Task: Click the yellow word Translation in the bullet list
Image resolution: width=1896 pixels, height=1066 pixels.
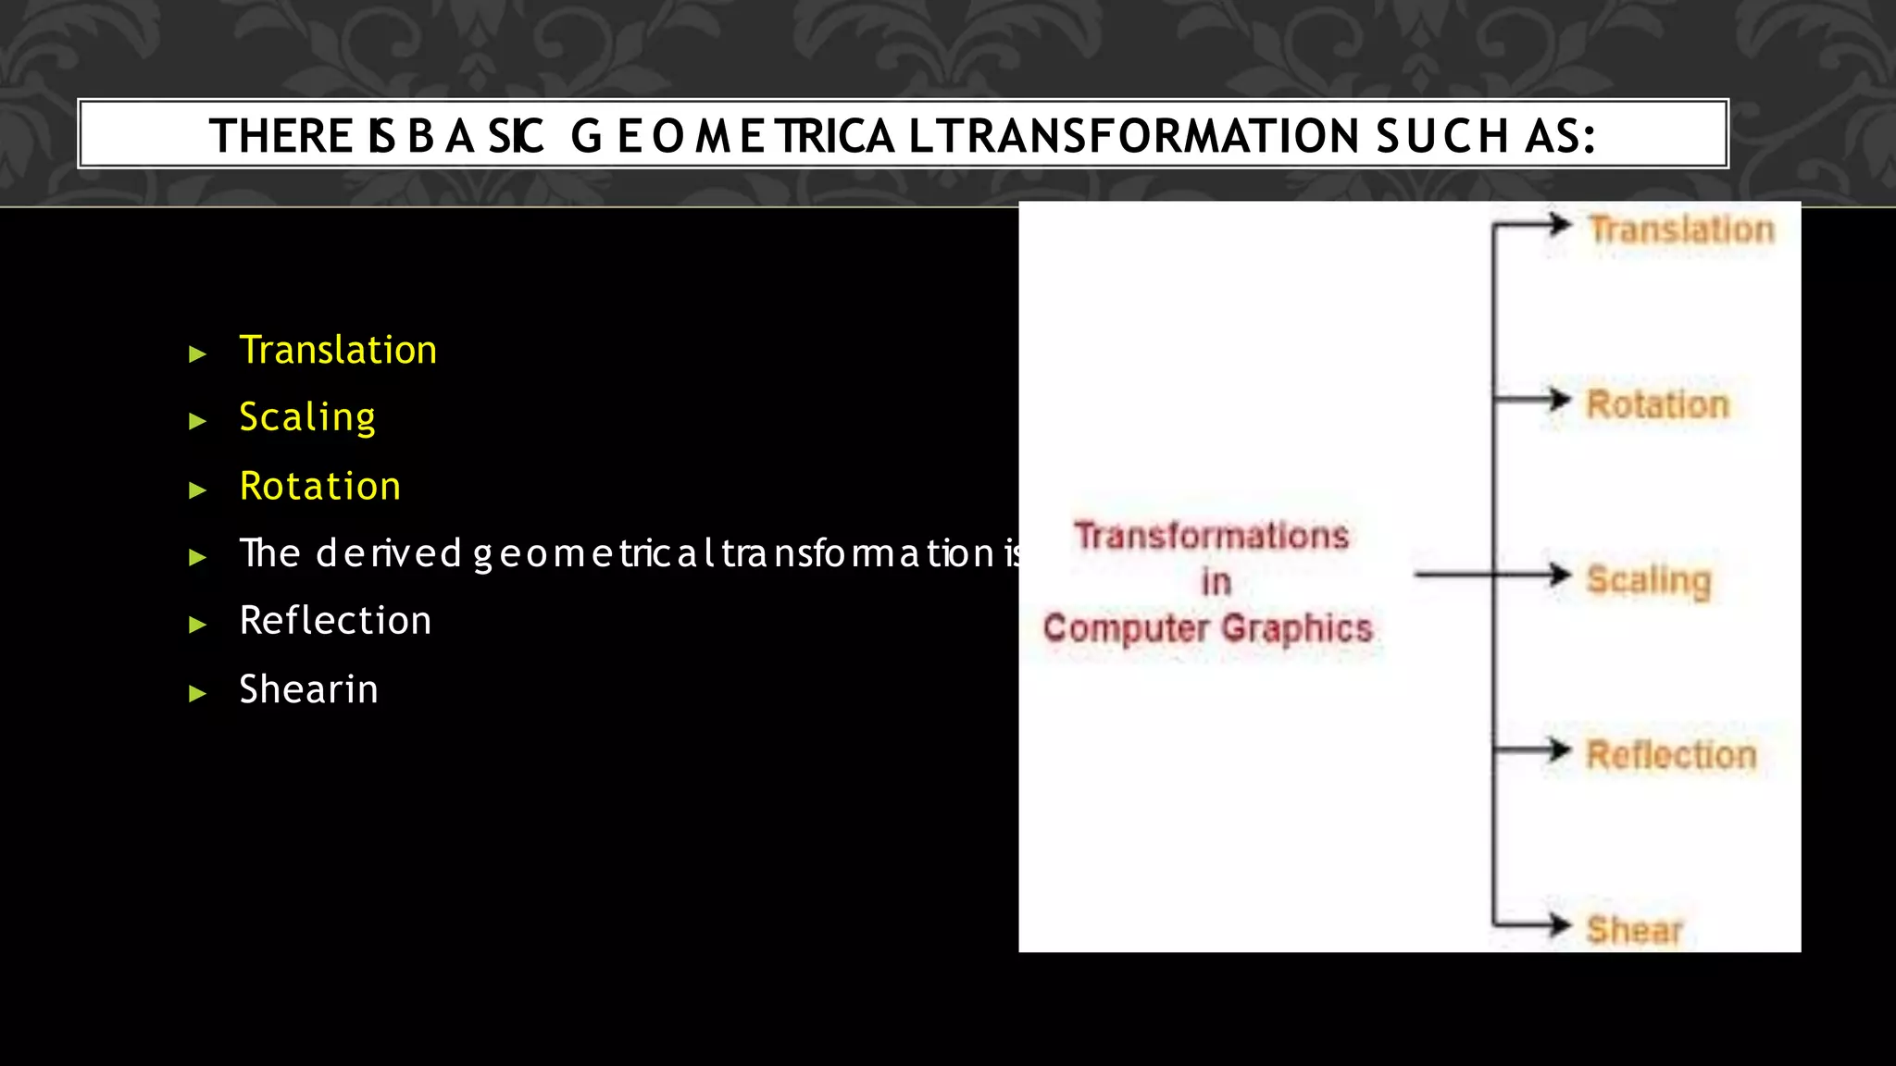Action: (338, 351)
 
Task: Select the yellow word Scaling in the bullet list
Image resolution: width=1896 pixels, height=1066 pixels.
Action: (307, 418)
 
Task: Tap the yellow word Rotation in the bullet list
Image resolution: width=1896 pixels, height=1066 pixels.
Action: (320, 487)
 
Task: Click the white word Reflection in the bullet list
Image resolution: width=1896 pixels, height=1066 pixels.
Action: (335, 621)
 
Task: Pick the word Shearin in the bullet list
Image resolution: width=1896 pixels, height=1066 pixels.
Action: (308, 690)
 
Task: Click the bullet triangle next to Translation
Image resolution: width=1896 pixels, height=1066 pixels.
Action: (197, 353)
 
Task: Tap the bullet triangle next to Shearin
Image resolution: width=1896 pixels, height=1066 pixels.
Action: (197, 693)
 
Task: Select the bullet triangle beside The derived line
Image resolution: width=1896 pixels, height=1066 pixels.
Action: (197, 557)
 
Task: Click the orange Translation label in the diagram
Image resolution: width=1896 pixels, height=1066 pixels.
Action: (1681, 229)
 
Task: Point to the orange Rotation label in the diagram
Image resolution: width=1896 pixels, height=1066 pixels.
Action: (1657, 404)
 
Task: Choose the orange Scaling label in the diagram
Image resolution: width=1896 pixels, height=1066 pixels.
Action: (1649, 580)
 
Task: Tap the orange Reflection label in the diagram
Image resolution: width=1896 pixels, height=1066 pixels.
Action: (1671, 755)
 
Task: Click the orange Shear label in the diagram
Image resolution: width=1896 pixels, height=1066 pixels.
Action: (1634, 929)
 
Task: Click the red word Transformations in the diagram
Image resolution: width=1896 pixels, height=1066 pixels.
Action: (1211, 536)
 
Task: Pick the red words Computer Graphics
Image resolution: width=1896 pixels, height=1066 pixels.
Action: (1207, 628)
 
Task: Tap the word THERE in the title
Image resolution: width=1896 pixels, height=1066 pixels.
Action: (281, 136)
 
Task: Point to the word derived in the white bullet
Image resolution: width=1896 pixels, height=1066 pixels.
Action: (389, 553)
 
